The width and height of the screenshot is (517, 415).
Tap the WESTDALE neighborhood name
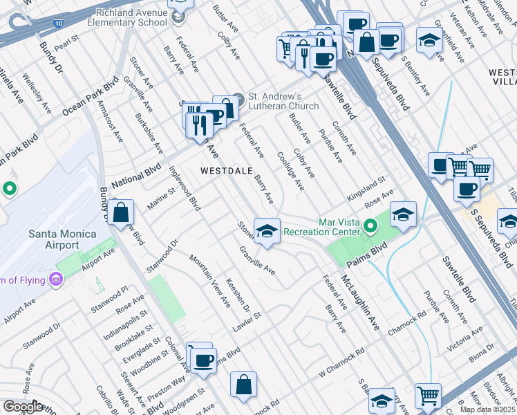click(x=226, y=170)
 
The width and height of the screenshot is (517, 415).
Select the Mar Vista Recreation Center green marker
click(x=370, y=225)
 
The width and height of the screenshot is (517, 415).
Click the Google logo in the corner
click(x=23, y=407)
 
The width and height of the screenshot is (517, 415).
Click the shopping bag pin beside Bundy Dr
click(x=120, y=214)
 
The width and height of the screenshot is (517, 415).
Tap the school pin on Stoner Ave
click(x=267, y=231)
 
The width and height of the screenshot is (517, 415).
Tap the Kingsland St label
click(x=366, y=188)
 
